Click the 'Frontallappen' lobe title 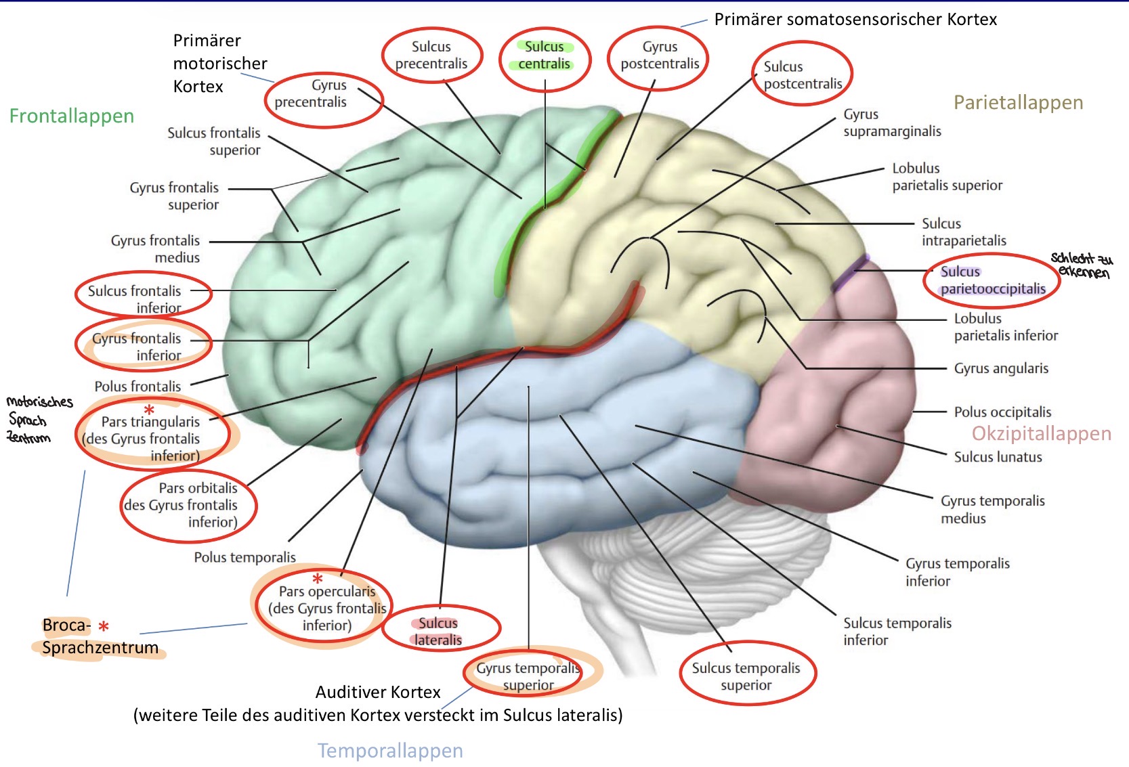(x=72, y=116)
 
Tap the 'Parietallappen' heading (x=1018, y=103)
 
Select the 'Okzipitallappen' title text (x=1042, y=433)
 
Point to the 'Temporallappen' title (x=390, y=750)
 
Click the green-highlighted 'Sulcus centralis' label (x=545, y=55)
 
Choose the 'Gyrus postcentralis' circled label (x=660, y=55)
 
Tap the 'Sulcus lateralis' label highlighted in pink (x=438, y=632)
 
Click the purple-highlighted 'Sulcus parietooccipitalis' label (x=993, y=280)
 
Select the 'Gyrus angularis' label (x=1001, y=368)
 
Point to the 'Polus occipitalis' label (x=1002, y=412)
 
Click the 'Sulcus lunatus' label (x=998, y=457)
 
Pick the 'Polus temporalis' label (x=245, y=557)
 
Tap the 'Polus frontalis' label (x=137, y=387)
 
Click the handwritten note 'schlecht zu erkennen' (x=1082, y=265)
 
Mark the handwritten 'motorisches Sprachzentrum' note (x=39, y=419)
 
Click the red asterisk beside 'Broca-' (x=104, y=626)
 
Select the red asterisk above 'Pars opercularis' (x=317, y=578)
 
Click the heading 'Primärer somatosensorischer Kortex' (x=856, y=19)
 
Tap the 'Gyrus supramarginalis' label (x=892, y=123)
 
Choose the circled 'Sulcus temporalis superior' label (x=746, y=676)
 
